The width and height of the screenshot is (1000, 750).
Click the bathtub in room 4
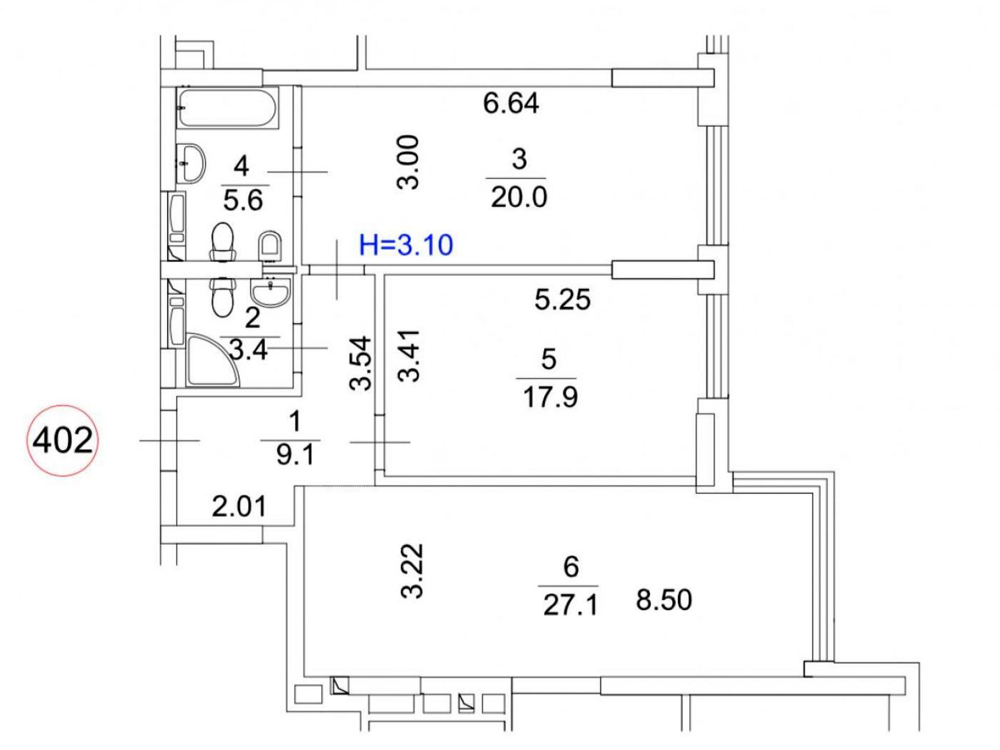click(228, 107)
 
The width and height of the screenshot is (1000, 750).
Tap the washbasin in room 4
click(191, 163)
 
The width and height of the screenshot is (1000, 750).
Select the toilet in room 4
click(222, 243)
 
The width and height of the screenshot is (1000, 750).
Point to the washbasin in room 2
click(270, 292)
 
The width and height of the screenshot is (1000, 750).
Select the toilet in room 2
click(222, 296)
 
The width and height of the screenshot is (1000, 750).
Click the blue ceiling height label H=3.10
click(406, 245)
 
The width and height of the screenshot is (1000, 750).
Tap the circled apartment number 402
click(63, 441)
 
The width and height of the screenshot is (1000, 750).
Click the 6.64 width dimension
click(511, 103)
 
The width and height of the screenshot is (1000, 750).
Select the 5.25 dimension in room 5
click(562, 300)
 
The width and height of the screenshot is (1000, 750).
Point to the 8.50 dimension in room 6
click(664, 600)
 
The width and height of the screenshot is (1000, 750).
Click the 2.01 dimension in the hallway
click(240, 506)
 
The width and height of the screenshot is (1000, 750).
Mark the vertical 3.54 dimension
click(360, 364)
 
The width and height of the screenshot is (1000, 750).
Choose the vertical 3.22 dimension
click(411, 571)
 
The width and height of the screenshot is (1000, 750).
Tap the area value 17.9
click(550, 398)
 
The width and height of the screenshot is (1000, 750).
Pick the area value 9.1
click(295, 455)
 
